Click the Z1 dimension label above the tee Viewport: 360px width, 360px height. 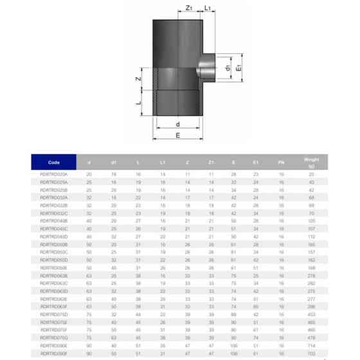click(x=188, y=8)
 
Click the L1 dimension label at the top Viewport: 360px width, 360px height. click(x=208, y=8)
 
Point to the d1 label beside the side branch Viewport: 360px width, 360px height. click(x=228, y=66)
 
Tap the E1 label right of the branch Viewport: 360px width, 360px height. click(x=238, y=66)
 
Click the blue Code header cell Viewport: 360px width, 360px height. click(x=54, y=162)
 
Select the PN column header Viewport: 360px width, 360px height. click(x=280, y=162)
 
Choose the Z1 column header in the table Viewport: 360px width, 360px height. click(x=211, y=162)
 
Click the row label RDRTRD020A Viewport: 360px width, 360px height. click(x=54, y=174)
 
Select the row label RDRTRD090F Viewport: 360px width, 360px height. click(x=54, y=354)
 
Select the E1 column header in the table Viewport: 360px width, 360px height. click(x=256, y=162)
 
